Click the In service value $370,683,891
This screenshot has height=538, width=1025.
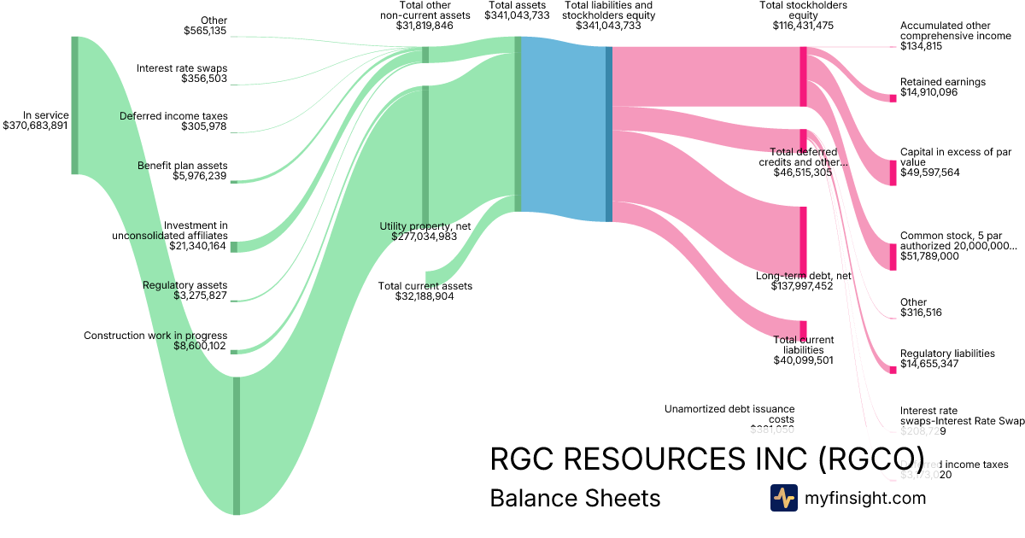click(36, 126)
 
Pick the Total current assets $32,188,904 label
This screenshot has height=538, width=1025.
click(425, 291)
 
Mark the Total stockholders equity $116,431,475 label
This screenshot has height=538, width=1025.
click(797, 15)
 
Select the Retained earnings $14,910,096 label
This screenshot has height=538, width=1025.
click(942, 87)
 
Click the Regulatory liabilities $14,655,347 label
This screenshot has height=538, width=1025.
click(947, 359)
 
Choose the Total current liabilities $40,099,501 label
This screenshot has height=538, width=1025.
click(803, 350)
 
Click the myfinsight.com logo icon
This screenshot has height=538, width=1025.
click(783, 498)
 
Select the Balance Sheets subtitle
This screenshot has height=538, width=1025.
click(575, 498)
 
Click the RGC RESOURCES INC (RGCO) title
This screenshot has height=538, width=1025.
click(706, 459)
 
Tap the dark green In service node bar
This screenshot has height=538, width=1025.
click(75, 105)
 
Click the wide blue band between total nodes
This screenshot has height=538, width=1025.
click(563, 128)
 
